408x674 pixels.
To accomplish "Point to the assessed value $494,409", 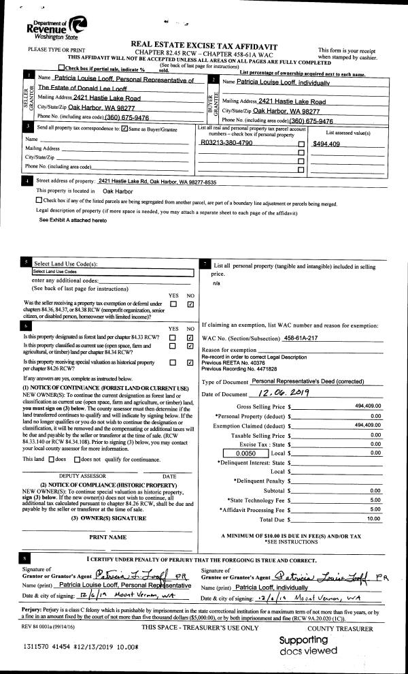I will click(326, 144).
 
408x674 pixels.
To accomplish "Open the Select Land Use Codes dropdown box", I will click(112, 271).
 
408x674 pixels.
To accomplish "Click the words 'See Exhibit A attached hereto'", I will click(73, 221).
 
